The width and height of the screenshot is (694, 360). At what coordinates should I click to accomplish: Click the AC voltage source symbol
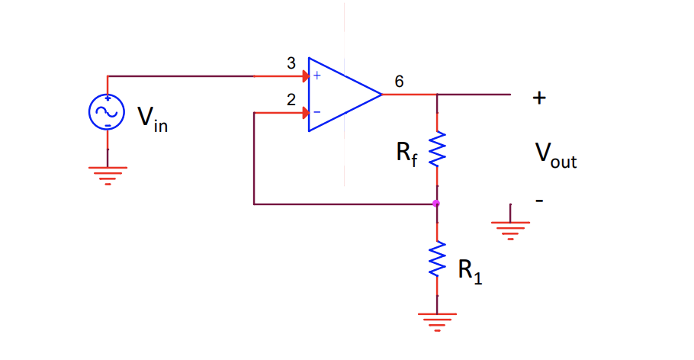point(107,112)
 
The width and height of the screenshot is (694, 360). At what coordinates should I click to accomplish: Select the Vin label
point(153,120)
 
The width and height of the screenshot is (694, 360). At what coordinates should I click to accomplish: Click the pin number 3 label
point(291,63)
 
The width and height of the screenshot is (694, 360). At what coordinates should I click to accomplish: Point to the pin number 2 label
point(291,100)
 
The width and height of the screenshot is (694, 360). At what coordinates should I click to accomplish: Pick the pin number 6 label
point(399,82)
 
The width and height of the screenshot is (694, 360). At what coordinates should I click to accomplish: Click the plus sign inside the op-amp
point(317,76)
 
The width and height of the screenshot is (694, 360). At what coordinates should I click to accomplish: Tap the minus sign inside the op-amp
point(317,112)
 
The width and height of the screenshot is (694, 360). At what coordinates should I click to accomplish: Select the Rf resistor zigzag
point(437,149)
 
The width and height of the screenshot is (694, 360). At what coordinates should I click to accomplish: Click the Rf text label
point(406,154)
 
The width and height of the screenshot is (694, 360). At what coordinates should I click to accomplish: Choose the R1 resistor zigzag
point(437,259)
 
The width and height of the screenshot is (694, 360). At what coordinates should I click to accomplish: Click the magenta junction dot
point(436,204)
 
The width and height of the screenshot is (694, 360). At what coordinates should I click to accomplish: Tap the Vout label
point(556,156)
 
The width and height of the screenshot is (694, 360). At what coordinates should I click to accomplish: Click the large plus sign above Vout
point(539,98)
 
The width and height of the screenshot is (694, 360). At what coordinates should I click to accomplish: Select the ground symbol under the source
point(108,175)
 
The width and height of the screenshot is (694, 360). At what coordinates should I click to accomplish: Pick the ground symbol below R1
point(437,322)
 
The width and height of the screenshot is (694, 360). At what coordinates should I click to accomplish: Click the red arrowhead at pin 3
point(305,76)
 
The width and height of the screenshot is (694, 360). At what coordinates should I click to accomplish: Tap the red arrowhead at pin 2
point(305,112)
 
